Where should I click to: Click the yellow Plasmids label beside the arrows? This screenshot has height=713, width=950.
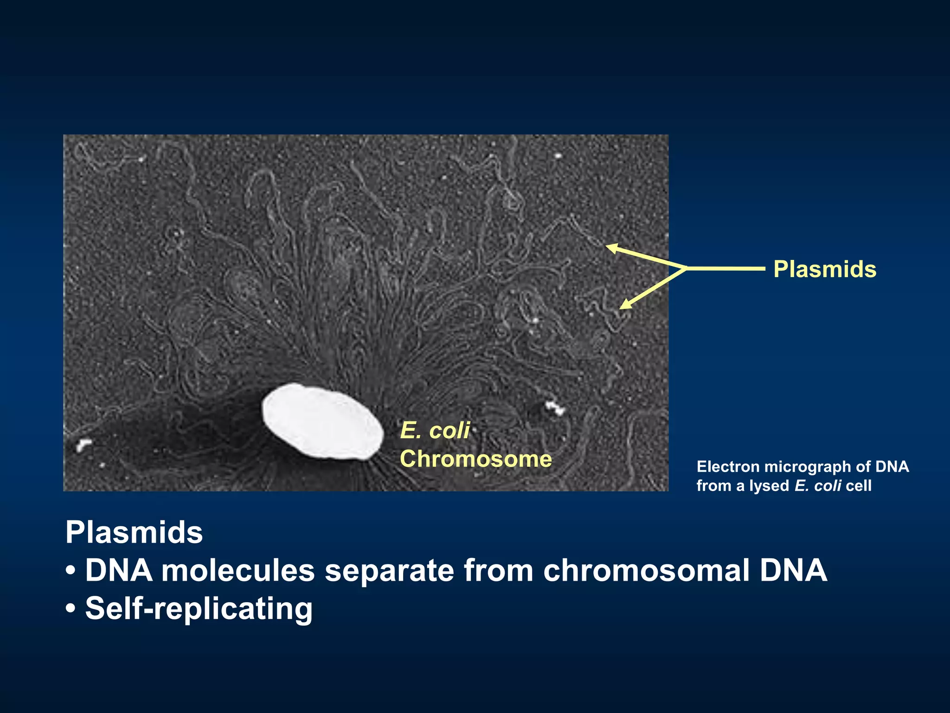[825, 269]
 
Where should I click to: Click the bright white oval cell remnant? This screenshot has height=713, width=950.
[323, 421]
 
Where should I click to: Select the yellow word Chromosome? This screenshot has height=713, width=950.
[476, 459]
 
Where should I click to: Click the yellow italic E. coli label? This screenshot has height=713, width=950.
[435, 430]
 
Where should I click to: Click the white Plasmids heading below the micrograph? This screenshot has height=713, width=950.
[134, 532]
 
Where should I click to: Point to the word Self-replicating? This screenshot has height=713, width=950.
[199, 609]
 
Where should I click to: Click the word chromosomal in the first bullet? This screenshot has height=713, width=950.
[646, 570]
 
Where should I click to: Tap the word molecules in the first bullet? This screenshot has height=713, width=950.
[238, 570]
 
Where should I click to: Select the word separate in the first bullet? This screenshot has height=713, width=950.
[389, 570]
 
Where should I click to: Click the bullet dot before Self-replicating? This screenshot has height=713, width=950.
[71, 609]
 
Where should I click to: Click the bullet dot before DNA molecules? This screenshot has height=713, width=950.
[71, 571]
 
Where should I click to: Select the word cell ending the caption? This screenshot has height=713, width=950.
[859, 486]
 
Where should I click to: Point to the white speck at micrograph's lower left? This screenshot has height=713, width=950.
[83, 445]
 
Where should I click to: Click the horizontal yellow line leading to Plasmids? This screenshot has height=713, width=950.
[726, 268]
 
